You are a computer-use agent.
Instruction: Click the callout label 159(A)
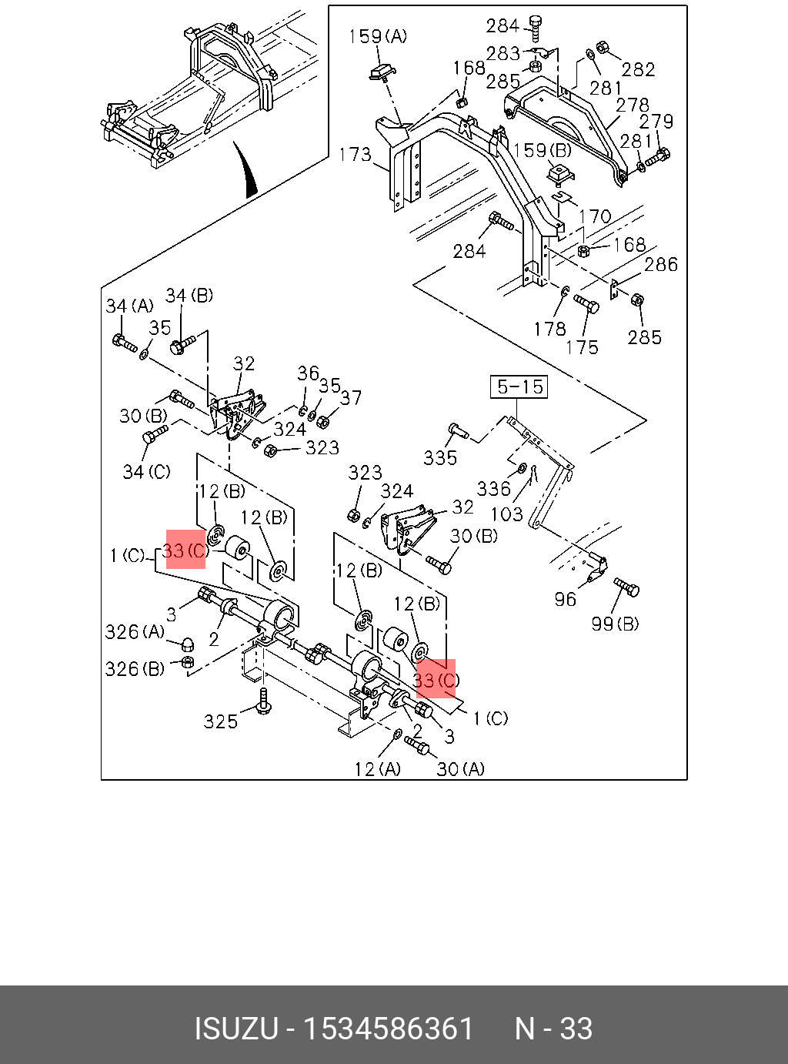[x=378, y=37]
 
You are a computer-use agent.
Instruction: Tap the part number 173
[x=356, y=155]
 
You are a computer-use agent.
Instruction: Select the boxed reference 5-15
[x=519, y=386]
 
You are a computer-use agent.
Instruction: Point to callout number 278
[x=633, y=105]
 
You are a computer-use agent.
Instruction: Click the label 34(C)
[x=147, y=472]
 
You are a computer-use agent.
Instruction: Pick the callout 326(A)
[x=135, y=632]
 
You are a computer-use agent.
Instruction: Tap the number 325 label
[x=221, y=721]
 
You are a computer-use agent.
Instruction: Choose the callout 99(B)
[x=616, y=624]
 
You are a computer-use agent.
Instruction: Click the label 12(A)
[x=377, y=769]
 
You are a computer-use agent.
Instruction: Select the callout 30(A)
[x=460, y=769]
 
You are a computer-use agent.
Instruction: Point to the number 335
[x=440, y=457]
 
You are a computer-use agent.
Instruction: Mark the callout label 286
[x=661, y=264]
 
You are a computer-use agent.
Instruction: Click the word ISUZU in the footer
[x=236, y=1029]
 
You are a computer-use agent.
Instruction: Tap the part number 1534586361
[x=389, y=1029]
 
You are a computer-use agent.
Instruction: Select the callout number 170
[x=595, y=216]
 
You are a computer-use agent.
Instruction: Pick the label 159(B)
[x=543, y=151]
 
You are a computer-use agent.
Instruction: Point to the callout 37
[x=351, y=398]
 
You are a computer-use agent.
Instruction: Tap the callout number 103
[x=507, y=514]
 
